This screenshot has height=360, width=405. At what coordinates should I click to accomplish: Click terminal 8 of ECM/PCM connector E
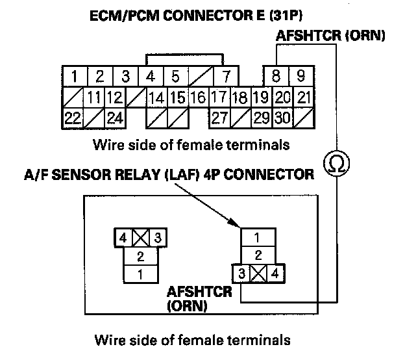[x=276, y=76]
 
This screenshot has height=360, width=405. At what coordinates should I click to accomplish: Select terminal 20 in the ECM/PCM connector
[x=282, y=98]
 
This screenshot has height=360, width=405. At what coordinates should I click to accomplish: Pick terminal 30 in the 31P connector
[x=282, y=119]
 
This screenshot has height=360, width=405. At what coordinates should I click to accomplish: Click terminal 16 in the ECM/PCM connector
[x=198, y=98]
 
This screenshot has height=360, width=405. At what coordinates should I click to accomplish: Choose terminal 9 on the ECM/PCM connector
[x=301, y=76]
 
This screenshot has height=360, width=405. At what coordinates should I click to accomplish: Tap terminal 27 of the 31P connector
[x=220, y=119]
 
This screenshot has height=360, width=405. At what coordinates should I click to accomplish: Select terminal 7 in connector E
[x=226, y=76]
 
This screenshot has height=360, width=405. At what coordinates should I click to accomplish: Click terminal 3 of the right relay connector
[x=241, y=274]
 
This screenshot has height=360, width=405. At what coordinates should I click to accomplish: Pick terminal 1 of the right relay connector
[x=259, y=237]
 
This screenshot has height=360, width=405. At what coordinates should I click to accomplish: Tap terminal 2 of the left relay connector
[x=141, y=255]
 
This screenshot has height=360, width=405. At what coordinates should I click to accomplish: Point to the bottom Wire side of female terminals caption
[x=192, y=339]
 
